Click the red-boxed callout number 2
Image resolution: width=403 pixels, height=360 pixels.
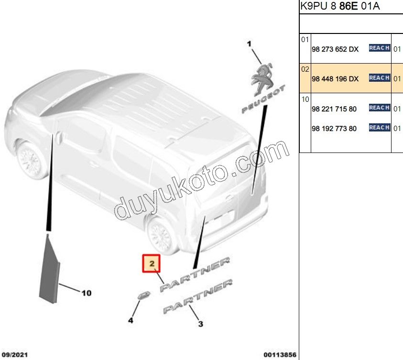point(152,263)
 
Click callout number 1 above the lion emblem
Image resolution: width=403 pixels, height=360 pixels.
point(249,44)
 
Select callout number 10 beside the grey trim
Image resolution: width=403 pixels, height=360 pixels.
point(86,293)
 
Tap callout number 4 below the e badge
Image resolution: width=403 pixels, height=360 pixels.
point(131,320)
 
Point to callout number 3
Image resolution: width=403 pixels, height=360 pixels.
point(200,324)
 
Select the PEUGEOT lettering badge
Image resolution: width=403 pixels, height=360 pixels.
point(263,100)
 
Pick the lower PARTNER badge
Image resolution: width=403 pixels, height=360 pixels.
point(198,296)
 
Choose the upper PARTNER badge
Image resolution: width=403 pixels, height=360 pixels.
point(195,274)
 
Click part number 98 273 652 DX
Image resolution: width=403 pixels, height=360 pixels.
point(335,49)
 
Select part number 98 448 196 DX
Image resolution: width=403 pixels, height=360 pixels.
point(335,79)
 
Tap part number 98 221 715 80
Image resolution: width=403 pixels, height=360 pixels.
point(334,109)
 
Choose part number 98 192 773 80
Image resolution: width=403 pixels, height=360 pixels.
point(334,129)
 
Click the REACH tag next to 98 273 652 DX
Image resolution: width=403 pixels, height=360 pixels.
point(379,48)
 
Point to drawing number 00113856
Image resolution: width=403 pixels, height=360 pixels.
point(280,355)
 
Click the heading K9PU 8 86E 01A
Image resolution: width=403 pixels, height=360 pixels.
point(340,7)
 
